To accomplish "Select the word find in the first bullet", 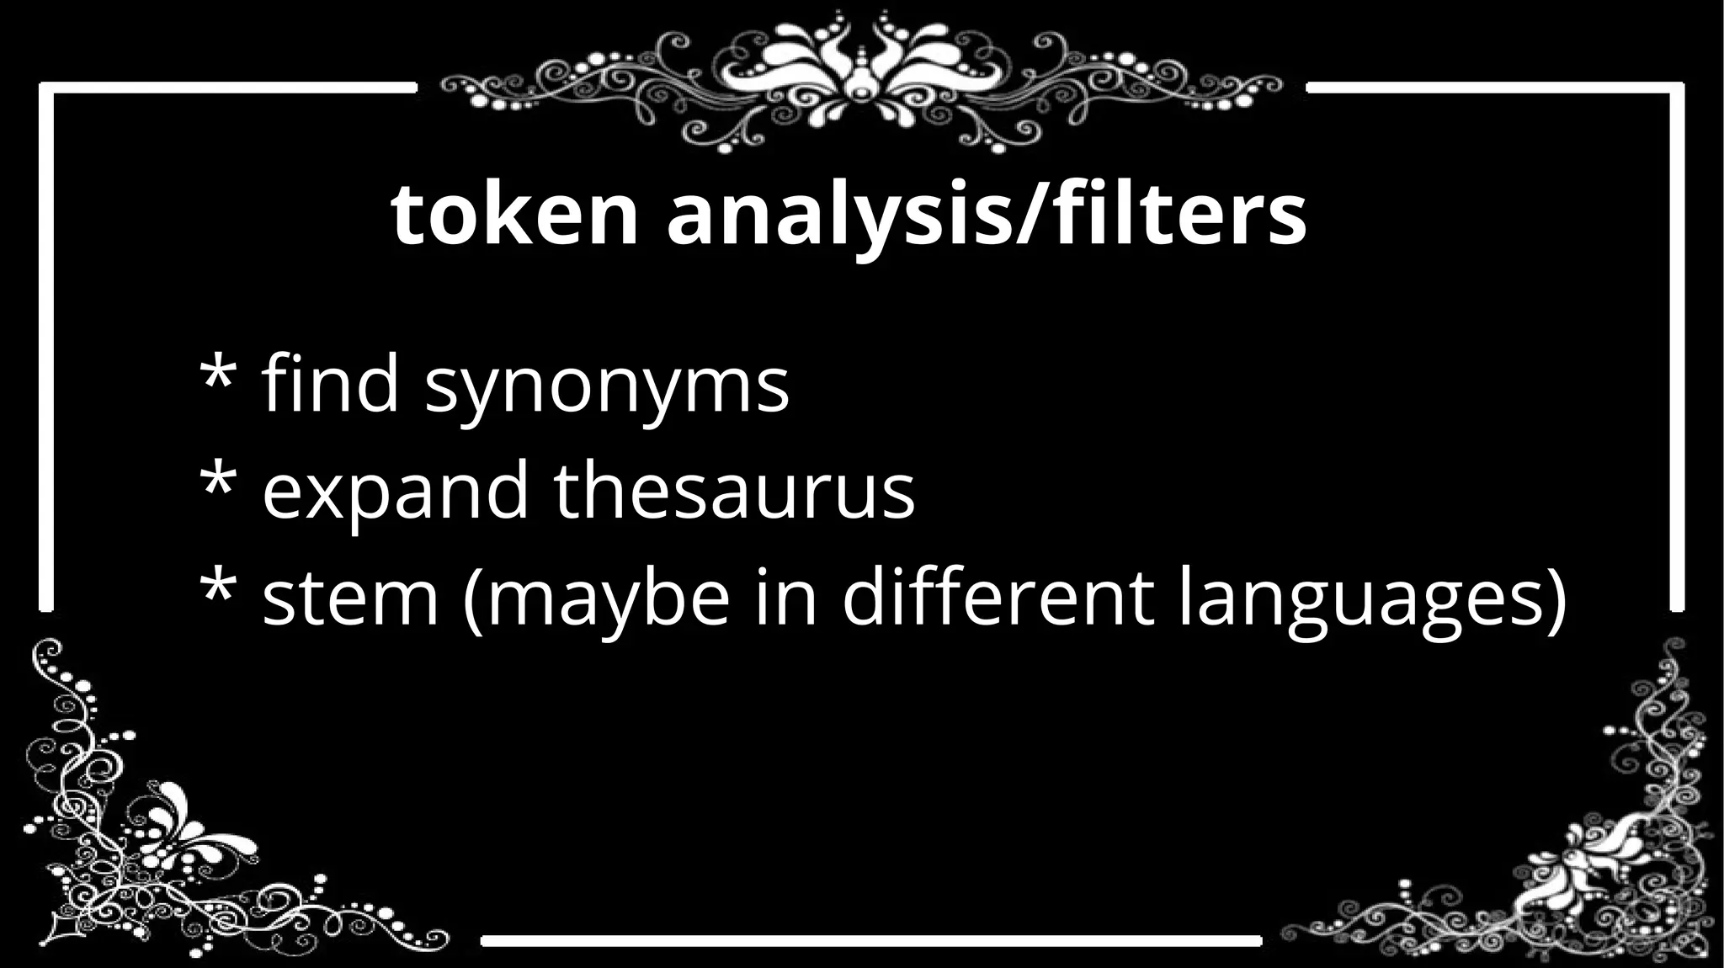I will [x=330, y=384].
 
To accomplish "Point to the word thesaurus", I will [x=734, y=492].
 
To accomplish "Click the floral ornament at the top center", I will [x=861, y=80].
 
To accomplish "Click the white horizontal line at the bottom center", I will [x=871, y=940].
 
